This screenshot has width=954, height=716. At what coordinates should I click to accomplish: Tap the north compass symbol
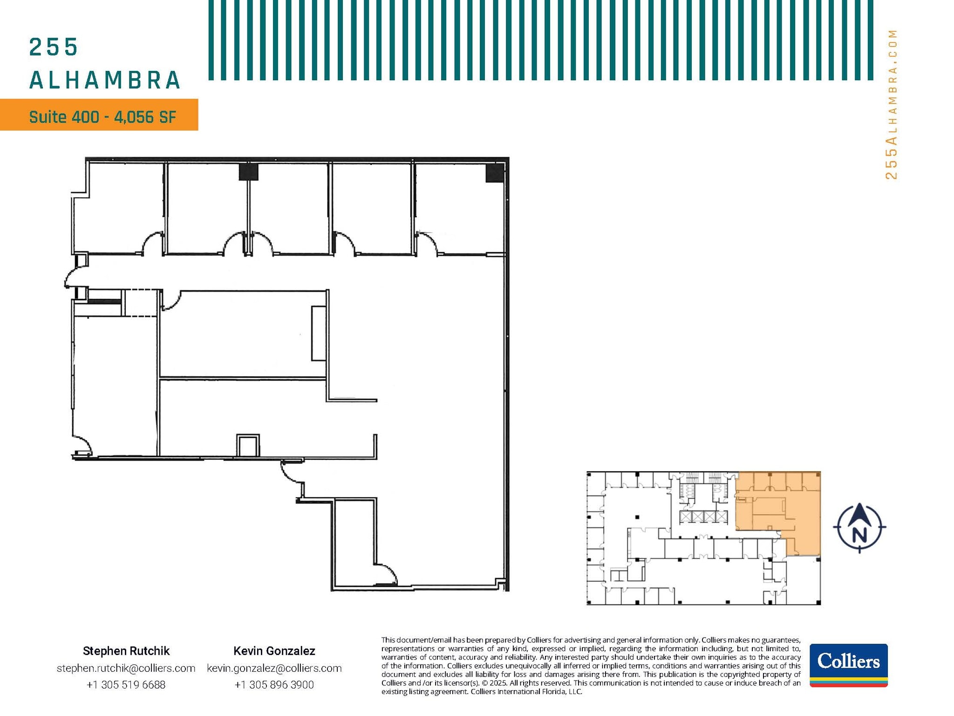[x=859, y=528]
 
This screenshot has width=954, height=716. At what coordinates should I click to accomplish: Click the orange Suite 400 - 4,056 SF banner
[x=99, y=115]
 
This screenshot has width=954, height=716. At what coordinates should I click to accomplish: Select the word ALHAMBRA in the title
[x=105, y=80]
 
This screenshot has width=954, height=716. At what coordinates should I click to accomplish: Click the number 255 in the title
[x=54, y=48]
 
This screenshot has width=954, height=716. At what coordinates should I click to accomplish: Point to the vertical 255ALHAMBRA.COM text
[x=891, y=105]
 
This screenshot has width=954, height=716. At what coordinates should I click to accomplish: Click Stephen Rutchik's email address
[x=126, y=668]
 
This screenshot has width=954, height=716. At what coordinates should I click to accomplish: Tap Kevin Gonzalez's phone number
[x=274, y=685]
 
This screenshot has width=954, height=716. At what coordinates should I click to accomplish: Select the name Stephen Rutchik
[x=126, y=651]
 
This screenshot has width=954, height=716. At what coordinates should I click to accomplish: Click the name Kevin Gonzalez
[x=274, y=651]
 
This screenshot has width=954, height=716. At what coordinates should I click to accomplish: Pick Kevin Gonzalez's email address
[x=274, y=668]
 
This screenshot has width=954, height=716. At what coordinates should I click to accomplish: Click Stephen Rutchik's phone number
[x=126, y=685]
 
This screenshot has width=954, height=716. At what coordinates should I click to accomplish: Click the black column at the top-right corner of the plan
[x=494, y=173]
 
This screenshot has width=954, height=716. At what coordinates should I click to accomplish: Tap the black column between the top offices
[x=248, y=172]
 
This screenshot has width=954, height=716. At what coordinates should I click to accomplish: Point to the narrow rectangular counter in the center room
[x=319, y=333]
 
